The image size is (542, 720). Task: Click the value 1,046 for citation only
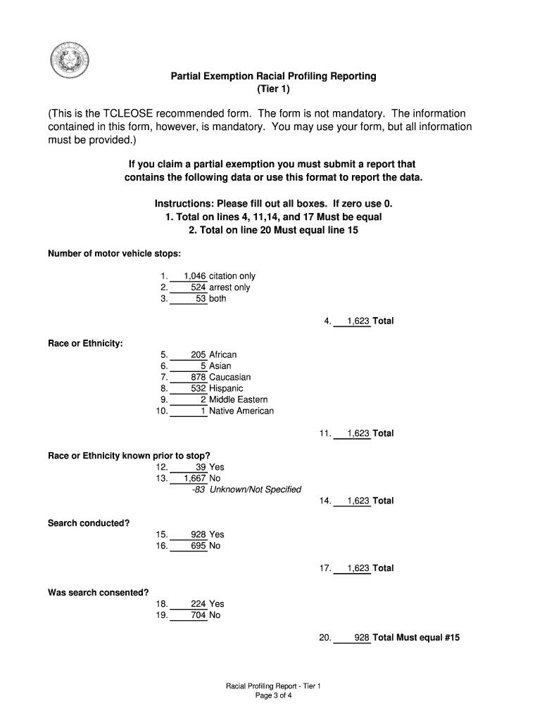click(195, 276)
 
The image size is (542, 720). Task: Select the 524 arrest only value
click(198, 288)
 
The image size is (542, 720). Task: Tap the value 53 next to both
click(201, 299)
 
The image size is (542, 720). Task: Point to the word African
click(223, 355)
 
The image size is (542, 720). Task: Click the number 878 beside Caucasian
click(198, 378)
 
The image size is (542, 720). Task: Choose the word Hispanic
click(226, 389)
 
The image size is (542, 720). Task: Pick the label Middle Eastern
click(239, 400)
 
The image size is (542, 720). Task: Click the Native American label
click(241, 411)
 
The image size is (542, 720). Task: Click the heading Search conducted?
click(89, 523)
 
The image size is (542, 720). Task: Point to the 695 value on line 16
click(198, 546)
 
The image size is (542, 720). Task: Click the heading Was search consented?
click(98, 593)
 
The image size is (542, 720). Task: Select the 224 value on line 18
click(198, 604)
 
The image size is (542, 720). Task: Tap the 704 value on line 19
click(198, 615)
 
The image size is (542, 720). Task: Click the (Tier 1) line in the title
click(273, 89)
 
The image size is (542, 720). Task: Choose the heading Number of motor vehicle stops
click(115, 254)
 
